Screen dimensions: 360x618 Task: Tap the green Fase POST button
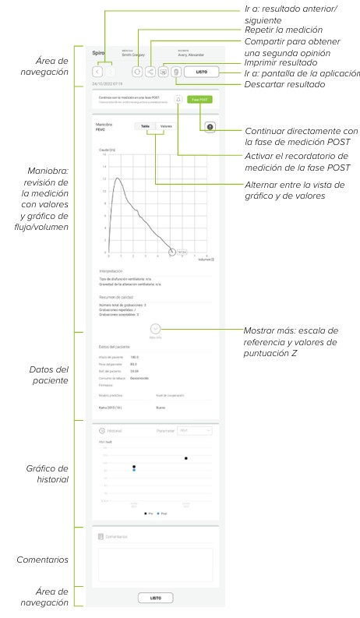[200, 100]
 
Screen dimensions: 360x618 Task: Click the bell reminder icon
[178, 100]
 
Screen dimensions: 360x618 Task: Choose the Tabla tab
[146, 125]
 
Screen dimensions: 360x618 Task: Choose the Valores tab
[166, 125]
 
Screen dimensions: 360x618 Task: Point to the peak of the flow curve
[117, 178]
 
